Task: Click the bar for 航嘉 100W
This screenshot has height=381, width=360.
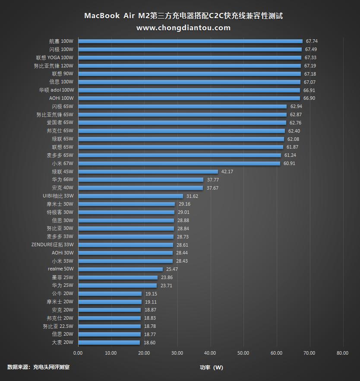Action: click(190, 41)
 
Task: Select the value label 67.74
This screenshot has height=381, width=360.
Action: click(312, 41)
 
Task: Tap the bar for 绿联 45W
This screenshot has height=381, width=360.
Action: click(148, 172)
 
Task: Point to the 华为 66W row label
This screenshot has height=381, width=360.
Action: click(63, 180)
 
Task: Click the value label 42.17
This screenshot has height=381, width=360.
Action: click(227, 172)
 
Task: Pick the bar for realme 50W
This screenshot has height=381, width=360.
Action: click(120, 269)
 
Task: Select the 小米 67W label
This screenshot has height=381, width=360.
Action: click(63, 164)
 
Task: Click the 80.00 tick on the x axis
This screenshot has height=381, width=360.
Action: click(343, 353)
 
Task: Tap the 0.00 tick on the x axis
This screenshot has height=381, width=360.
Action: click(78, 353)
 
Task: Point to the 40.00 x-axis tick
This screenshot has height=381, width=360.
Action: click(211, 353)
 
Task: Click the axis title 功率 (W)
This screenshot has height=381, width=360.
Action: click(211, 368)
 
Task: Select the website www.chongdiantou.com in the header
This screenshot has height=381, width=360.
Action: click(183, 28)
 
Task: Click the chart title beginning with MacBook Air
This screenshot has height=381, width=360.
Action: click(183, 16)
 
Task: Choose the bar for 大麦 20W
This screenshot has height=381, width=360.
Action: click(109, 343)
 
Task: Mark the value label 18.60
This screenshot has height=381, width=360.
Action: click(149, 343)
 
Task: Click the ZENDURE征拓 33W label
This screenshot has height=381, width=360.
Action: click(52, 245)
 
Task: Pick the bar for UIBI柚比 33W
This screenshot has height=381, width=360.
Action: click(131, 196)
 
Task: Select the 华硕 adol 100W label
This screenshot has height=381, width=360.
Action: click(57, 90)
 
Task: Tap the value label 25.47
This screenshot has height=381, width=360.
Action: click(172, 269)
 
